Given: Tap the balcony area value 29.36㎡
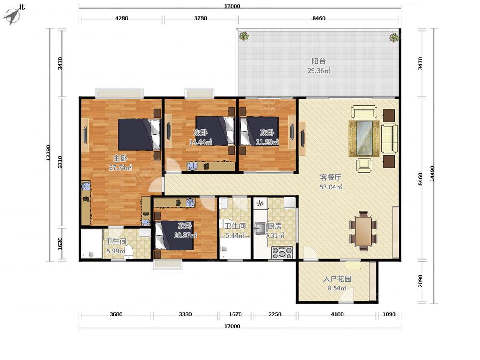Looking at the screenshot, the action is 319,71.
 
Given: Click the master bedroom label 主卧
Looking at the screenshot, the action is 120,158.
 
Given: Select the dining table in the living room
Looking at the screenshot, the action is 364,231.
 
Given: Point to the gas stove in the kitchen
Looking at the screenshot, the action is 282,253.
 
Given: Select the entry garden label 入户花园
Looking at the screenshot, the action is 337,279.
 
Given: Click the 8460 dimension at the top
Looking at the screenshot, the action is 319,18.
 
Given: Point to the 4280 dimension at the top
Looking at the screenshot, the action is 121,18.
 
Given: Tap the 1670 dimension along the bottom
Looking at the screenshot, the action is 236,314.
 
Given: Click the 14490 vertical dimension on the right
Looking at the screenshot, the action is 432,174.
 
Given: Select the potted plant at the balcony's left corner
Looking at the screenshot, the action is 244,36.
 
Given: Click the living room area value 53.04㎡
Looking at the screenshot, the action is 331,187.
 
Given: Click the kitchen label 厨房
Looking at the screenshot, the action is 274,226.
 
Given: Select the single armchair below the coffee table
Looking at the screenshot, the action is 364,165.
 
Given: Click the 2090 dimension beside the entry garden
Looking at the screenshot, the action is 420,281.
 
